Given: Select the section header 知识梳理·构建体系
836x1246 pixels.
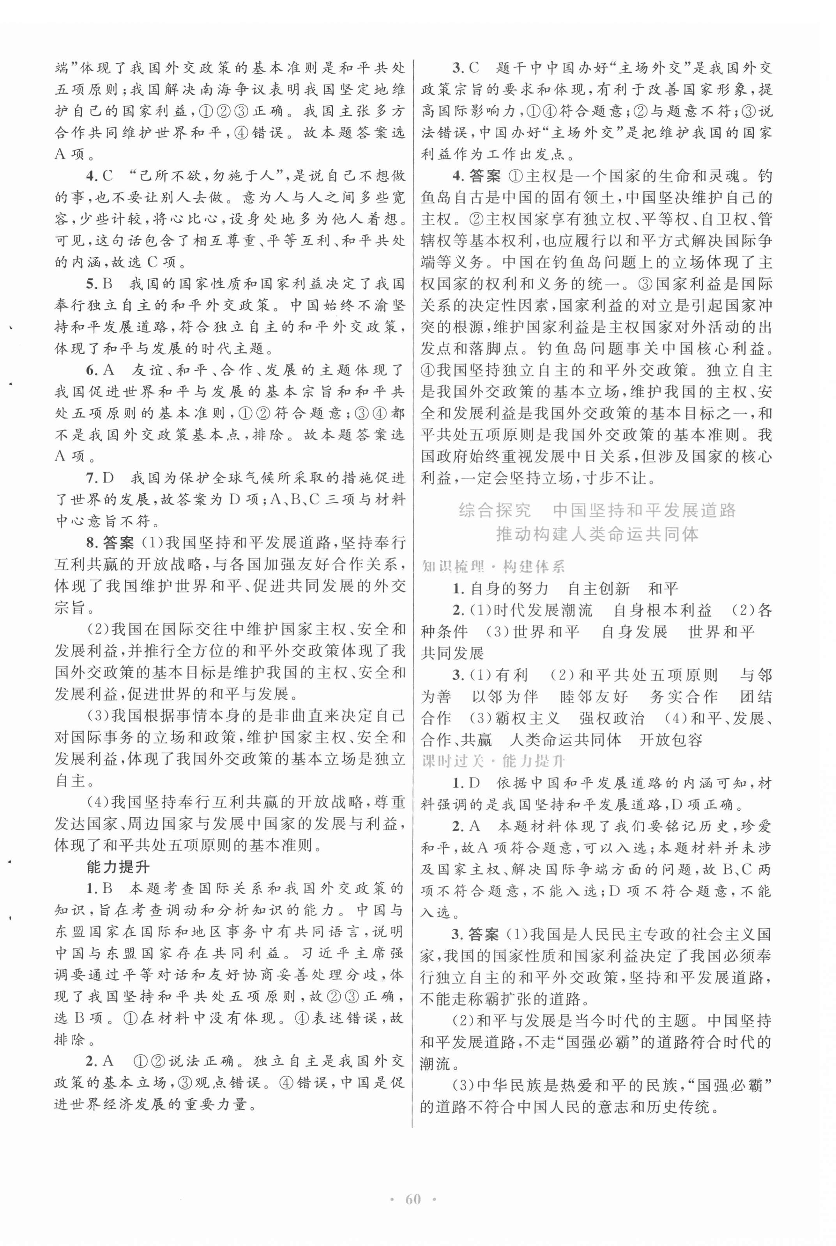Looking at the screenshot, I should pos(493,566).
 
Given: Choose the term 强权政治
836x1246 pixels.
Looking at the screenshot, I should pos(612,718).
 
